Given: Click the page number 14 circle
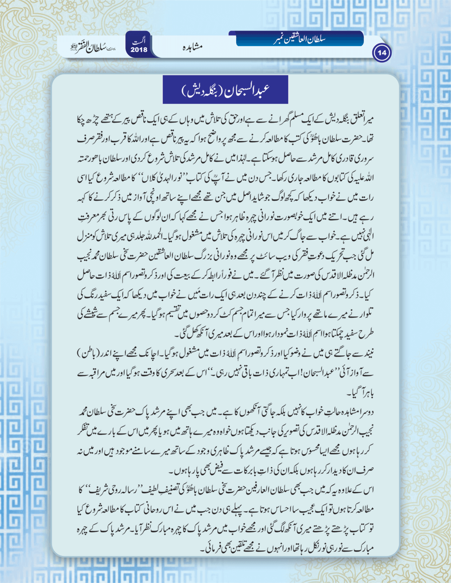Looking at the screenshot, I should (x=382, y=53).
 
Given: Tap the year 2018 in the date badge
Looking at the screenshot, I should (x=139, y=50).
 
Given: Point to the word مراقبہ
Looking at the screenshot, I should (x=97, y=373).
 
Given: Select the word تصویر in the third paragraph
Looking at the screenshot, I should (x=274, y=431).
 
